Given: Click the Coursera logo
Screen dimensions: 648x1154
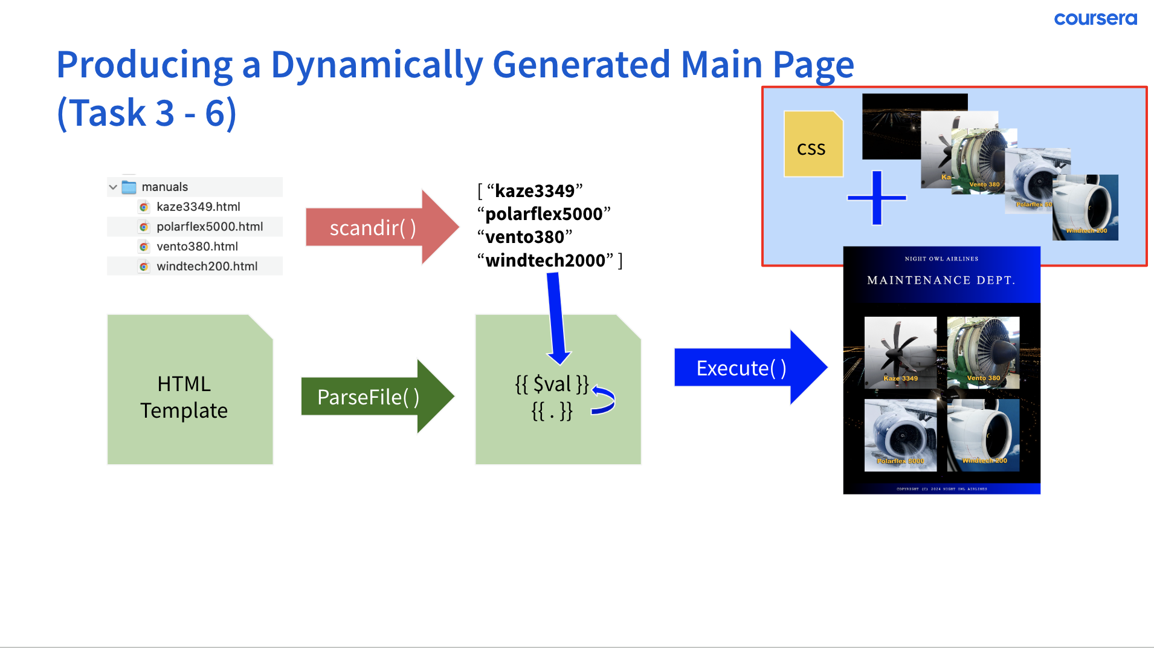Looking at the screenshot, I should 1095,19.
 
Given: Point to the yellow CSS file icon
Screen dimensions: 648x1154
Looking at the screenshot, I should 813,144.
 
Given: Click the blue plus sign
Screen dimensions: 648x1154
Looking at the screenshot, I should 877,198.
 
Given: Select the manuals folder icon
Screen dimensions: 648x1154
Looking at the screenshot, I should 129,187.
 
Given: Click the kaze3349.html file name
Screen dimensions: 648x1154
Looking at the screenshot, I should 198,207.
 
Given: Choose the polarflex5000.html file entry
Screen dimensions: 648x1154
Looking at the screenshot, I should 209,227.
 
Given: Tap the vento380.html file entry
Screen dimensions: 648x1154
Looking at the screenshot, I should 197,247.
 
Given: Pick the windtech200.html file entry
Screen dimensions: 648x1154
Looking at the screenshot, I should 207,267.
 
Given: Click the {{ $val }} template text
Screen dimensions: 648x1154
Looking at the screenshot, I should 551,384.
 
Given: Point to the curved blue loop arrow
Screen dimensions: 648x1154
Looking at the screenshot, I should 604,400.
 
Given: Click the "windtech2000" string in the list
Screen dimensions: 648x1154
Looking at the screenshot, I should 545,261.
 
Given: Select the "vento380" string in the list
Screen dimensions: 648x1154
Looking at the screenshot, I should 524,237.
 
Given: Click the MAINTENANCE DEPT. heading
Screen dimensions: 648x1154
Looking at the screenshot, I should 941,280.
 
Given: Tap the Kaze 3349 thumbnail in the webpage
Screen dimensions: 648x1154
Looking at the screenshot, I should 900,352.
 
